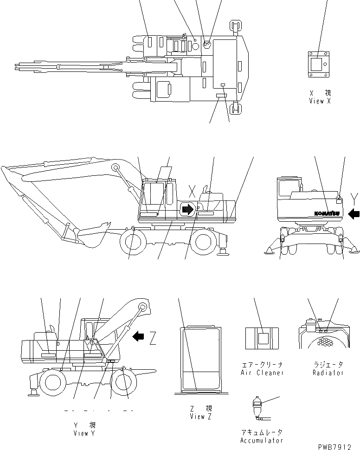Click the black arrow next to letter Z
(138, 336)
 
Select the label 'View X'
(320, 101)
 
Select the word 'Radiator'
(328, 373)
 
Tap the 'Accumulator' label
(262, 440)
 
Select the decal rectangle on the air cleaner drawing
(263, 338)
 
